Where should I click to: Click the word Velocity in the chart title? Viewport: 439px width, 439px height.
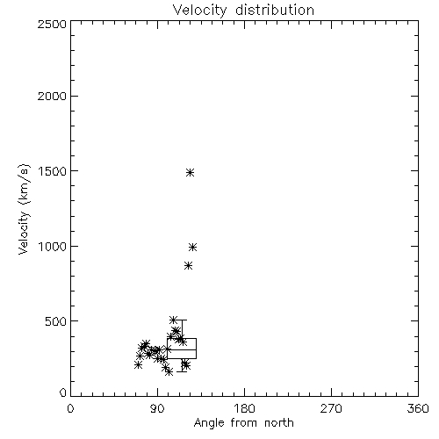click(x=199, y=11)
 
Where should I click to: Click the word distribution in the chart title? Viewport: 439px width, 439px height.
click(x=275, y=10)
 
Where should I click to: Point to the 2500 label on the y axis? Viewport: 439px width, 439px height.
click(x=52, y=24)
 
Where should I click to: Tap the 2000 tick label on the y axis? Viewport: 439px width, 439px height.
click(x=52, y=96)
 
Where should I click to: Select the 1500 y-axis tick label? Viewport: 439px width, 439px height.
click(x=53, y=171)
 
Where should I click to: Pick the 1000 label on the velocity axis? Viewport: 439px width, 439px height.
click(x=53, y=247)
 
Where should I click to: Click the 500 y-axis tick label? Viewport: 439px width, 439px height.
click(x=56, y=321)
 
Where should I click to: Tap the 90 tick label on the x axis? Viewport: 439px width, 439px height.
click(x=157, y=408)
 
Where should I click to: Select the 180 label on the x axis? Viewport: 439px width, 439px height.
click(x=244, y=408)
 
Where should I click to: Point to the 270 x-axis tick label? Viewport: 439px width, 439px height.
click(x=331, y=408)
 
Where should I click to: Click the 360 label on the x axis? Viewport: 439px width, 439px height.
click(x=418, y=408)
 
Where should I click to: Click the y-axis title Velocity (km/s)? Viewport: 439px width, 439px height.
click(x=24, y=209)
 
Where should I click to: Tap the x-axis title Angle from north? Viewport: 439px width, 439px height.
click(x=244, y=423)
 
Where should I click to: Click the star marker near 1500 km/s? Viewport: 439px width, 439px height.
click(x=191, y=172)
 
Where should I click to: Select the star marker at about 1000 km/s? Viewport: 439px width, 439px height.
click(x=192, y=248)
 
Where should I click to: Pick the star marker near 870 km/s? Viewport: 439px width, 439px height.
click(x=189, y=266)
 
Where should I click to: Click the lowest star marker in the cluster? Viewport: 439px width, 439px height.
click(x=169, y=372)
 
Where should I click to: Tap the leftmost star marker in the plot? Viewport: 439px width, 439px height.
click(x=138, y=365)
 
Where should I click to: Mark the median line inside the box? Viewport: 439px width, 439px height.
click(x=182, y=349)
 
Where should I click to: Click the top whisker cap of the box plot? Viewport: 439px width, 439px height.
click(x=182, y=320)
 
